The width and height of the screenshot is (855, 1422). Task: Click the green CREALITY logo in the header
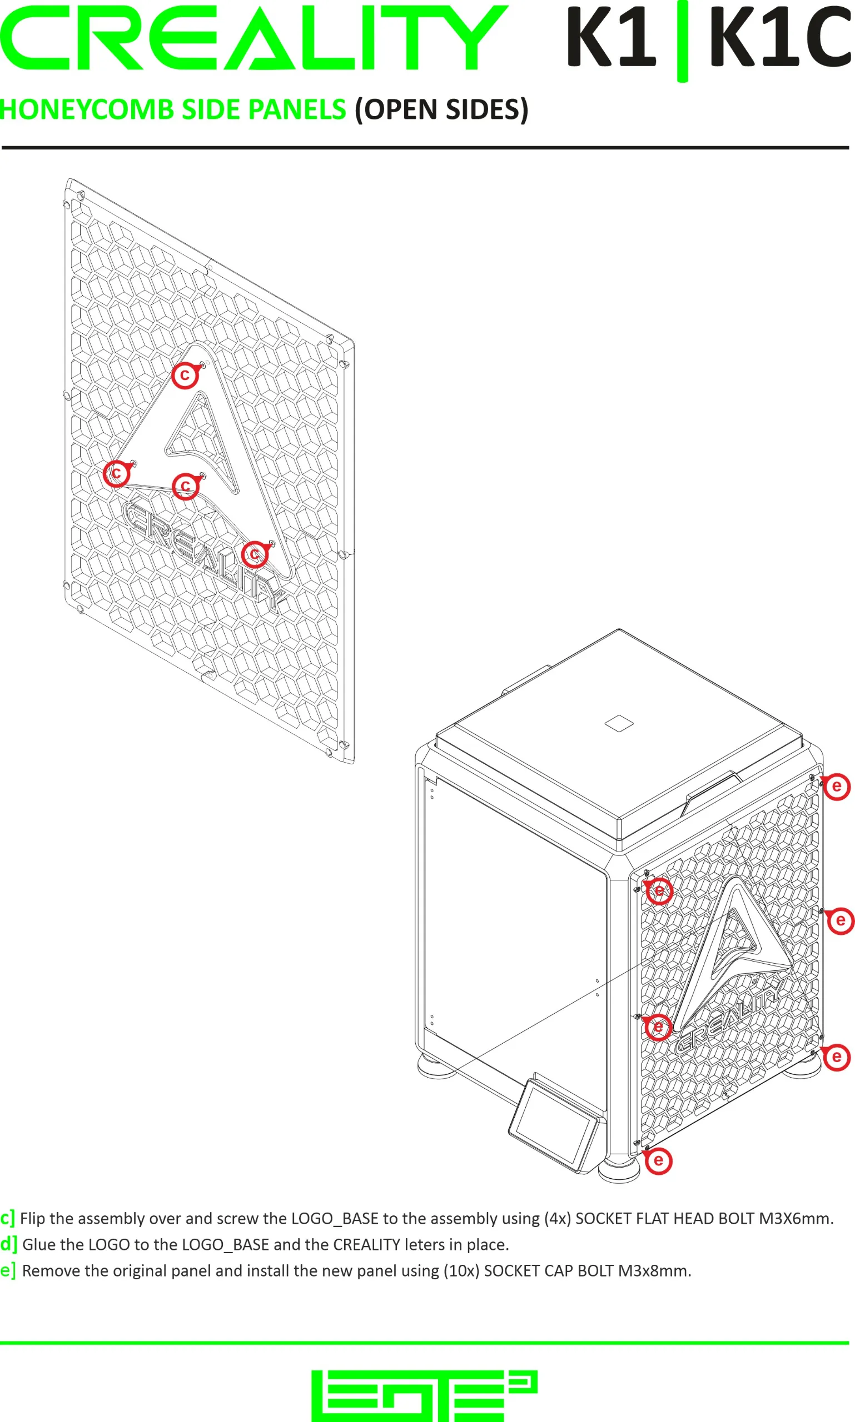point(254,38)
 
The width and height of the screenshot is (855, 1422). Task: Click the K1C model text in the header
point(781,36)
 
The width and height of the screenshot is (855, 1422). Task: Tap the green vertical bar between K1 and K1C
point(682,41)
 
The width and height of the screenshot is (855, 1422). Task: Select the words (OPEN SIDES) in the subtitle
point(441,109)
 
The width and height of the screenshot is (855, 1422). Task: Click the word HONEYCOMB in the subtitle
point(87,109)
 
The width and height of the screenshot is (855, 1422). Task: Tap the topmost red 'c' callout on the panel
point(185,375)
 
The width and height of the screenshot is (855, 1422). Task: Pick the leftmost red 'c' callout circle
point(116,473)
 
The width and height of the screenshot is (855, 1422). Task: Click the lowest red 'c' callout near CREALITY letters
point(255,554)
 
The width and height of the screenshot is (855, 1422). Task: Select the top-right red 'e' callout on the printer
point(837,787)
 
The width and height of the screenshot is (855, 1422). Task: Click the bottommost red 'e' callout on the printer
point(659,1160)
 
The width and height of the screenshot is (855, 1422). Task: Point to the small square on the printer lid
point(619,723)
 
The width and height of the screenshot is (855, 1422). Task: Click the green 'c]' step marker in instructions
point(7,1218)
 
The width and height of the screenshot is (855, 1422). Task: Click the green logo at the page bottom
point(425,1395)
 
